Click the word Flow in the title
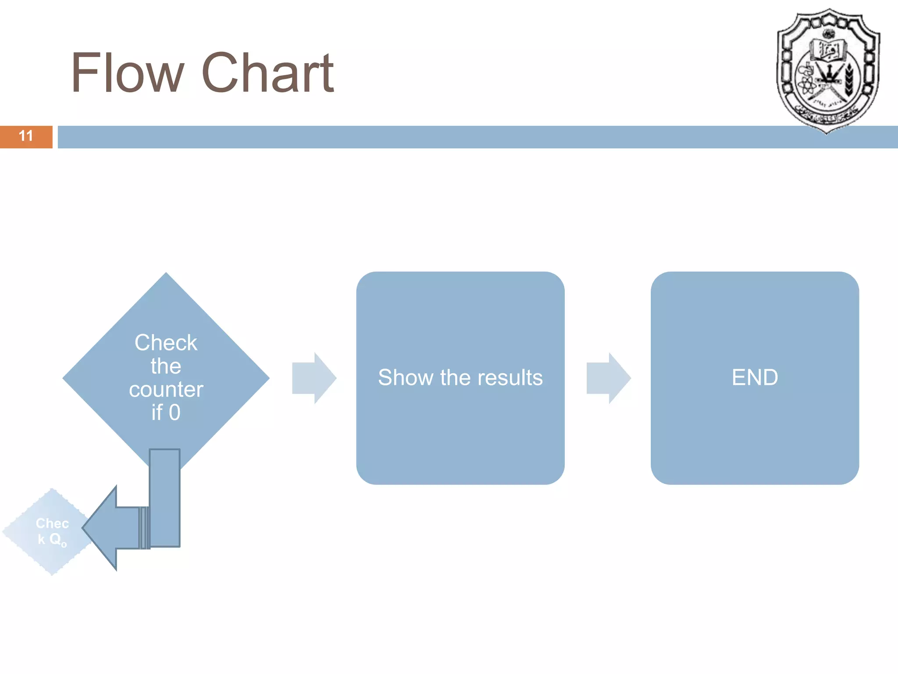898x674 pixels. click(127, 73)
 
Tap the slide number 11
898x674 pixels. click(26, 136)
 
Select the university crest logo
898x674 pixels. click(828, 70)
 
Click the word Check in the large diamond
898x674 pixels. click(166, 343)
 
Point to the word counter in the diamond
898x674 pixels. click(166, 390)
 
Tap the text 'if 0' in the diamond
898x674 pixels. click(166, 412)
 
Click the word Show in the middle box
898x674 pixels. click(405, 378)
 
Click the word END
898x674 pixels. click(755, 378)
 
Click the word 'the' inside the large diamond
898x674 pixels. click(166, 366)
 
